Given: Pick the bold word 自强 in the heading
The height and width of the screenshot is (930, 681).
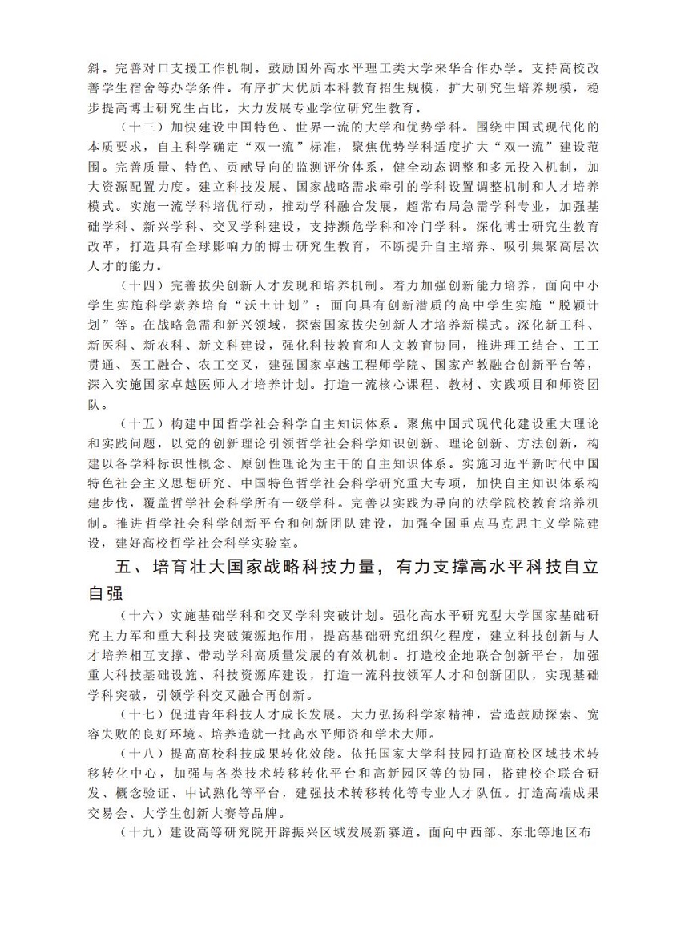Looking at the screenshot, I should pyautogui.click(x=108, y=596).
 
